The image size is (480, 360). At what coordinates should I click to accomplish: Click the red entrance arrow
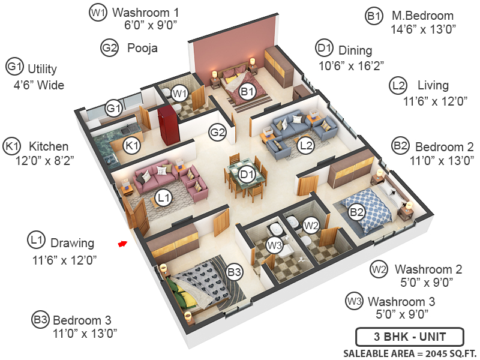(x=122, y=244)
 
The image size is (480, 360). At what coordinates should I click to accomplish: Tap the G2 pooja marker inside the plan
(x=217, y=133)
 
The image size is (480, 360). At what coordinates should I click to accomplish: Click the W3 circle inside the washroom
(x=274, y=245)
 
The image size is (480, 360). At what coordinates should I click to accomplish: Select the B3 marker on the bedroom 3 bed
(x=234, y=272)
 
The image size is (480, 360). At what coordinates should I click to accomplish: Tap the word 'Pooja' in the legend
(x=142, y=48)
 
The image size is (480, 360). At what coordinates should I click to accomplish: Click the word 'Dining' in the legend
(x=355, y=50)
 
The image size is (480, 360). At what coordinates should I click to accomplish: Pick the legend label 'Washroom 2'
(x=428, y=269)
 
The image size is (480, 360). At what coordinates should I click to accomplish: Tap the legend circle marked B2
(x=400, y=146)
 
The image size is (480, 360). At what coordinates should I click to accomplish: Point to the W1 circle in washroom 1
(x=179, y=93)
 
